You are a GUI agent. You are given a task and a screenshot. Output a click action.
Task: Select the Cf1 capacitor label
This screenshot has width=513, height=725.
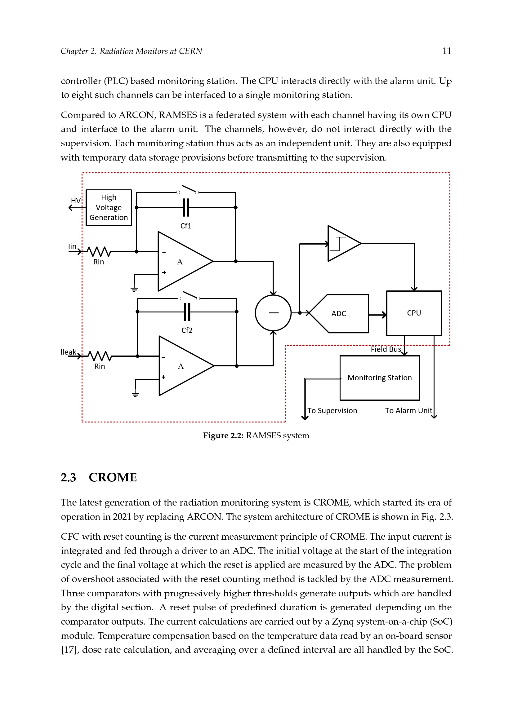(x=186, y=226)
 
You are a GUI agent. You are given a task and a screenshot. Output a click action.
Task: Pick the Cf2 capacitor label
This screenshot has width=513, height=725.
(x=187, y=330)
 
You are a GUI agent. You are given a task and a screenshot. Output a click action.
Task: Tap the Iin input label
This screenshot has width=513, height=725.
(x=72, y=246)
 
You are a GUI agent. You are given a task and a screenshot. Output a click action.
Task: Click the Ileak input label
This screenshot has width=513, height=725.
(x=69, y=352)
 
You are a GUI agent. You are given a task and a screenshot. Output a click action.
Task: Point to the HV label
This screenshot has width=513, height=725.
(x=76, y=201)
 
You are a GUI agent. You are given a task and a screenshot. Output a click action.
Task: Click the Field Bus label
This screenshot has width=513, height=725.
(x=386, y=349)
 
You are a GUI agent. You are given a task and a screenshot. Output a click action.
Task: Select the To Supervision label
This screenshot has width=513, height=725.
(x=332, y=410)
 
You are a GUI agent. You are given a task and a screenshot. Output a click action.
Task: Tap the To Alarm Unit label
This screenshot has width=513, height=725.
(x=408, y=410)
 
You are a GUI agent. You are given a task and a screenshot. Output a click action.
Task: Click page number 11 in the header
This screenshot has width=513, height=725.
(x=447, y=51)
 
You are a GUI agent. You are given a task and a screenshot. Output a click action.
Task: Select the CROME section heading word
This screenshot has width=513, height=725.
(x=113, y=477)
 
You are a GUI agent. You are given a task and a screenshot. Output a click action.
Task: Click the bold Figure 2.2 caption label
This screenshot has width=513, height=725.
(x=223, y=435)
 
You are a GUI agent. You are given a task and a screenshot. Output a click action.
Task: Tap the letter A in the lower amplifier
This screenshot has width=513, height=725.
(x=181, y=366)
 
